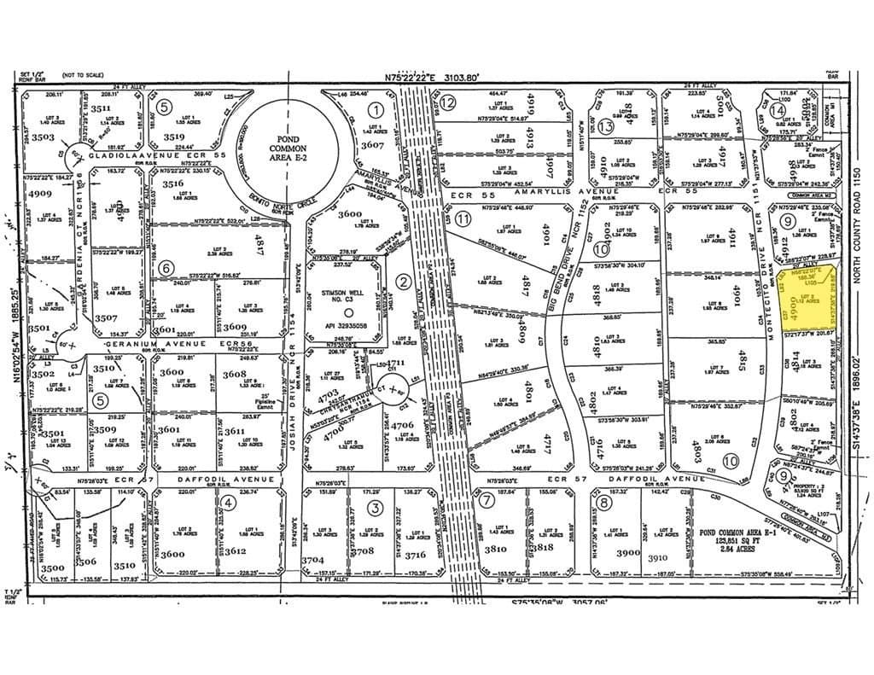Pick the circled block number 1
coord(375,109)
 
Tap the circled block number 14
coord(778,109)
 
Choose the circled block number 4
coord(228,503)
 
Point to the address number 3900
coord(627,553)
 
